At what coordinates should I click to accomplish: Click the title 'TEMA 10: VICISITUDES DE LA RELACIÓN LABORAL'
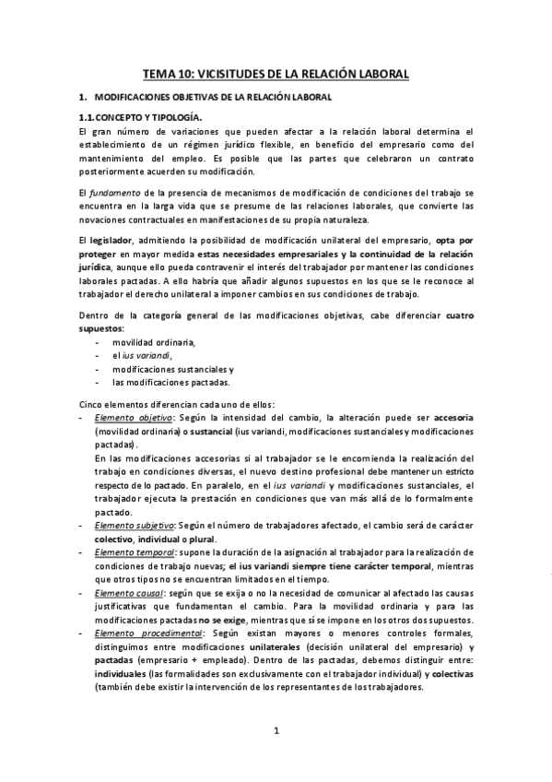coord(276,74)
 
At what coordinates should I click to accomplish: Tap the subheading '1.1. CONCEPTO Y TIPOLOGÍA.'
coord(139,117)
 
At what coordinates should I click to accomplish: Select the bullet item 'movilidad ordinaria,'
coord(154,342)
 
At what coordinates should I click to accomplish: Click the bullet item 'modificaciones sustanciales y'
coord(173,369)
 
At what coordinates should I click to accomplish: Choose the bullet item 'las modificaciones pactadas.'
coord(171,382)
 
